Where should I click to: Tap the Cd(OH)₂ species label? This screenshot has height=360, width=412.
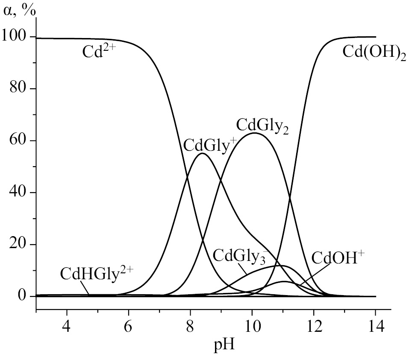[x=374, y=53]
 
